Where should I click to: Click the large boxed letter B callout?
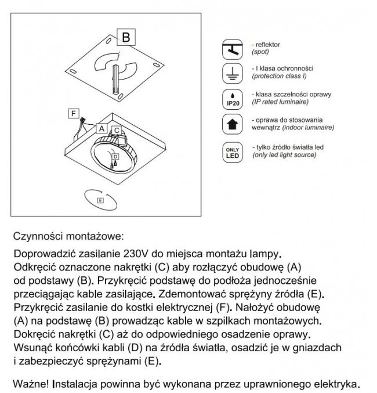click(x=126, y=38)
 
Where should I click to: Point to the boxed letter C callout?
click(x=117, y=131)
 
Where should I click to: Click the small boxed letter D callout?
click(x=115, y=157)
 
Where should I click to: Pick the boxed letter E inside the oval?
click(x=100, y=200)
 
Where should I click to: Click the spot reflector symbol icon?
click(x=233, y=49)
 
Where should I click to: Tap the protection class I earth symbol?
click(x=233, y=73)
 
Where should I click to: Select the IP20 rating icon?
click(x=233, y=99)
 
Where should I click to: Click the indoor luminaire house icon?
click(x=233, y=124)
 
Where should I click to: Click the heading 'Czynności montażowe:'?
click(x=67, y=237)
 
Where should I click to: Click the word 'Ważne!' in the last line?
click(x=32, y=384)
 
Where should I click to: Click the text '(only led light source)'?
click(x=284, y=155)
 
